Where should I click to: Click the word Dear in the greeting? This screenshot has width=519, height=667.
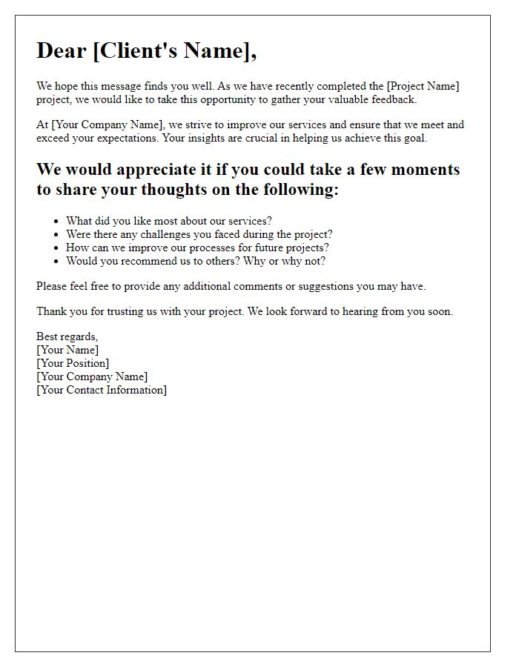62,50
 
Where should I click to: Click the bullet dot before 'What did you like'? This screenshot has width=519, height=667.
56,221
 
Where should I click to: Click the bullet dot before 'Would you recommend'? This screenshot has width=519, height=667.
56,261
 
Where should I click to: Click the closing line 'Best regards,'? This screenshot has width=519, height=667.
67,336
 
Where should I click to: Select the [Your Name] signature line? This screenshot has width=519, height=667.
67,350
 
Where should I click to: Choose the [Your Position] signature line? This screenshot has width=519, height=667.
73,363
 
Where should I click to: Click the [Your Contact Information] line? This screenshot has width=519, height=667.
102,390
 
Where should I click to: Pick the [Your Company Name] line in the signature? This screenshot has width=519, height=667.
92,376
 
